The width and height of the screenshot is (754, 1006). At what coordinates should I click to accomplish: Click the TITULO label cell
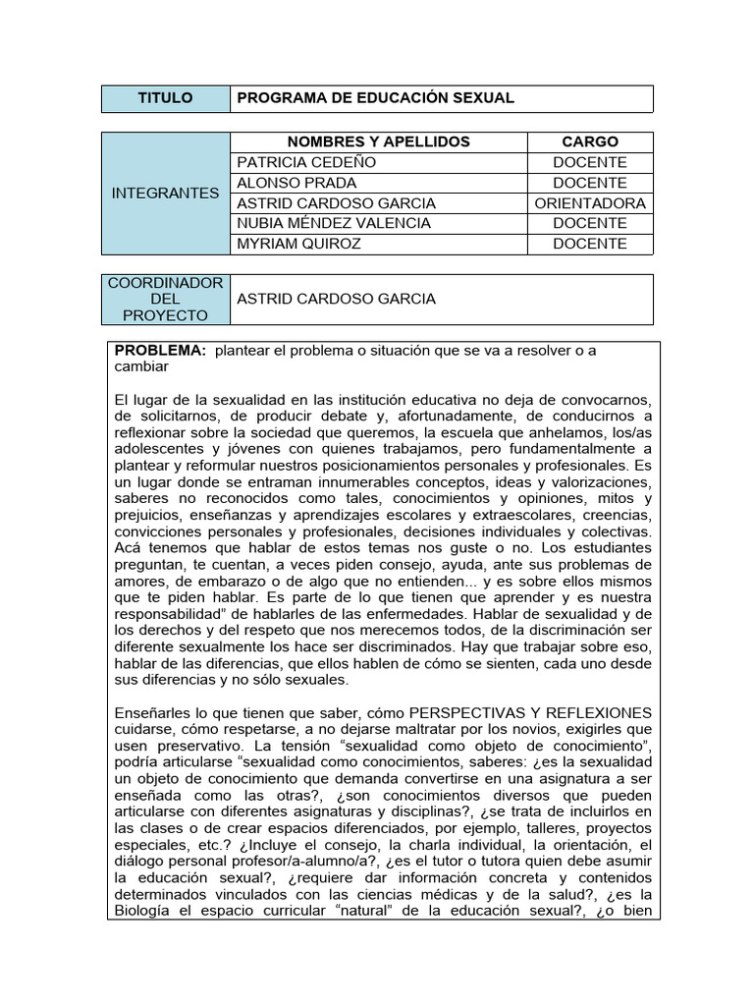(165, 98)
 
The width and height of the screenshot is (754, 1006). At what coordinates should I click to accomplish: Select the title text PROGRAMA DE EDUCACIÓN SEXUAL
(375, 98)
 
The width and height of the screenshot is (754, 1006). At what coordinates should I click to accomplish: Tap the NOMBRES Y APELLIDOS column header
(378, 142)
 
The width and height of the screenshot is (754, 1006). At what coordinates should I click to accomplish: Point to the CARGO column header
(589, 142)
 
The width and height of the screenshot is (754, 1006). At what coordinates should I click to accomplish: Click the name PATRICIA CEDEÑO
(306, 162)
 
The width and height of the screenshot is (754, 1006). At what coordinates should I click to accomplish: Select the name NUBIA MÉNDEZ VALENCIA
(334, 223)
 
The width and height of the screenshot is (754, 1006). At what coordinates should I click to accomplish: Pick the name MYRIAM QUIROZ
(299, 244)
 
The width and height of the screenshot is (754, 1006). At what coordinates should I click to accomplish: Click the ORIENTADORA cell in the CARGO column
(590, 203)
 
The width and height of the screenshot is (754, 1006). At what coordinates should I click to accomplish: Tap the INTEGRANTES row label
(165, 193)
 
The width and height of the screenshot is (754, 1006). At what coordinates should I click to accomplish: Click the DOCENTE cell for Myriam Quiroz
(589, 244)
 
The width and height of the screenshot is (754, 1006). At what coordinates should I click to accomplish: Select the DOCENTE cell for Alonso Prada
(589, 183)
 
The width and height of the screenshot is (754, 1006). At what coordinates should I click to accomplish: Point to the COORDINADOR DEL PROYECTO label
(165, 299)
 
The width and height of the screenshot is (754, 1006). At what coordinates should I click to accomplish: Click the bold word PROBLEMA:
(160, 351)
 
